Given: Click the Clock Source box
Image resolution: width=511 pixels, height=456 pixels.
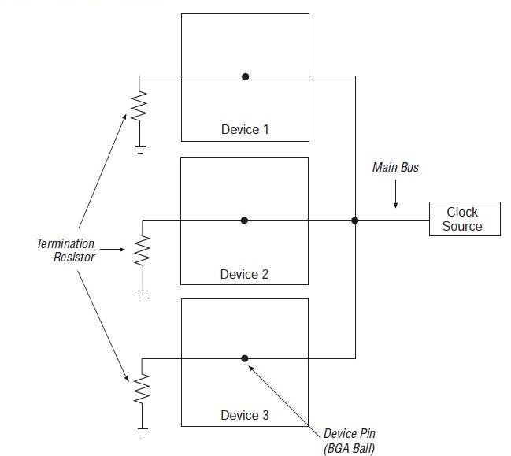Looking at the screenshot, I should click(462, 219).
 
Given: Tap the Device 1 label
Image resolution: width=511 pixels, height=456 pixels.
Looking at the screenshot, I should click(244, 129).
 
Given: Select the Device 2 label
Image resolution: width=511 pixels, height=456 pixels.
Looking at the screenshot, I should click(244, 274).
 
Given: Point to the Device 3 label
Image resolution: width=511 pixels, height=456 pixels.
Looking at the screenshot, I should click(244, 415).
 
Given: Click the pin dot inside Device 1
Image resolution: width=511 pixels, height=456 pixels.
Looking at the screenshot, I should click(246, 76).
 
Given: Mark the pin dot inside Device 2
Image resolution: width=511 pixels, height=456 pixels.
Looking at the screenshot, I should click(245, 221).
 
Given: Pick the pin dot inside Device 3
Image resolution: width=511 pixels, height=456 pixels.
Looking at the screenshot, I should click(245, 358).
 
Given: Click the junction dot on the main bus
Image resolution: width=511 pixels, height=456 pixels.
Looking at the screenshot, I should click(355, 221).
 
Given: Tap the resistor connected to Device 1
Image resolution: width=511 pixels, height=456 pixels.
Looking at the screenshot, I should click(139, 105).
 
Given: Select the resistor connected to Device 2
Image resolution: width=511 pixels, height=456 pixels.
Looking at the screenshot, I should click(143, 251).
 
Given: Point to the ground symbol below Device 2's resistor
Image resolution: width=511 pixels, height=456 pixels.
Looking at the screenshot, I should click(143, 294).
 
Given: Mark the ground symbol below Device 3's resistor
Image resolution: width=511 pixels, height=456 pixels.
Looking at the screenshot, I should click(143, 432).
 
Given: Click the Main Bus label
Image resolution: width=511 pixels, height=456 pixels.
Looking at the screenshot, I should click(395, 168).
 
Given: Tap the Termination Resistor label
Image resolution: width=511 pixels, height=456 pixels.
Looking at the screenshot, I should click(65, 250).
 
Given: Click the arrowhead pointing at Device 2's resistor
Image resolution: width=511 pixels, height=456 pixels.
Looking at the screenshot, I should click(124, 250).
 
